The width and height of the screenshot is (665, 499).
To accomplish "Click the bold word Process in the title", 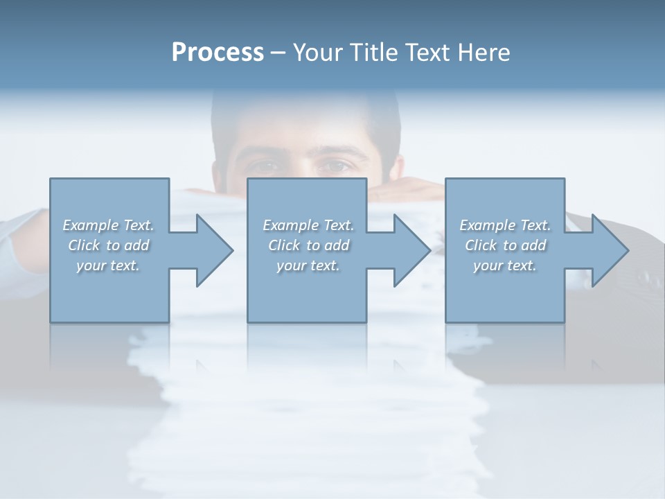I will [218, 53].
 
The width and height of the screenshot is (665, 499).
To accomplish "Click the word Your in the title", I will [317, 53].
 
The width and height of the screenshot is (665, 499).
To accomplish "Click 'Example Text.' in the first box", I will [109, 225].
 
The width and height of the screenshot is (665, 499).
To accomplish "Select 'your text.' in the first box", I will [109, 265].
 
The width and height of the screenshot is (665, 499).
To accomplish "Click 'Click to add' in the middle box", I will [308, 245].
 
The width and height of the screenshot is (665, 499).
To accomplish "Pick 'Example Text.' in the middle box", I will [308, 225].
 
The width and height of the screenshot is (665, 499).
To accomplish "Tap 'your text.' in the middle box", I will [308, 265].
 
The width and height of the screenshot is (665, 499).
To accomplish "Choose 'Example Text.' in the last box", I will [505, 225].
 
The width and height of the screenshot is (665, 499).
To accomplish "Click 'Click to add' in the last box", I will [505, 245].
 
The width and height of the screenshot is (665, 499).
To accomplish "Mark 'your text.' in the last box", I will [505, 265].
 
